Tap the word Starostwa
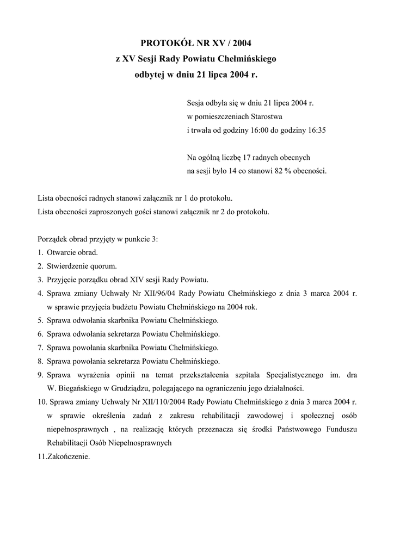[266, 116]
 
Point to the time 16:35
[316, 131]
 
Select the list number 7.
[40, 348]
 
